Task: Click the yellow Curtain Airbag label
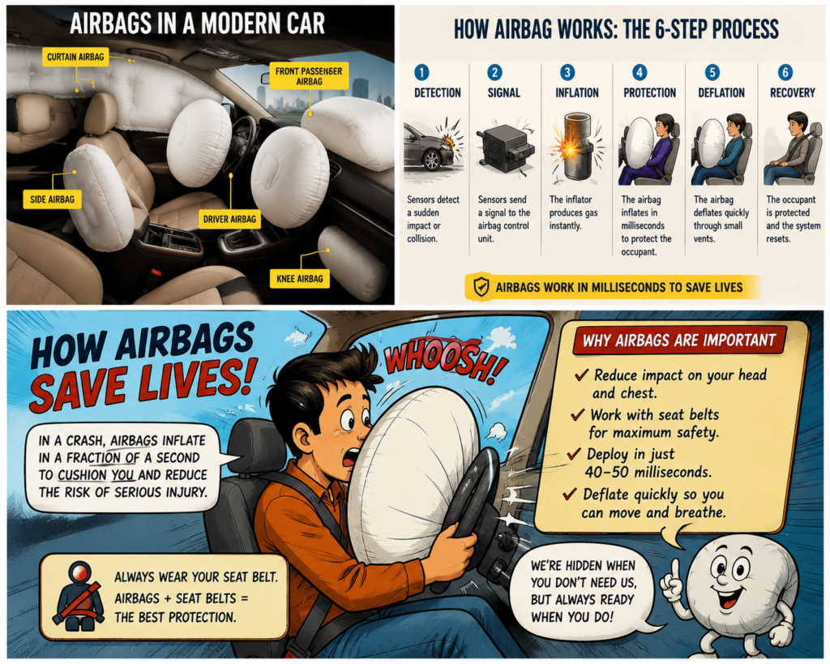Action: tap(75, 57)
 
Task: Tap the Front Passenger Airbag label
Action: tap(309, 76)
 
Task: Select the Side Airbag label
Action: tap(53, 199)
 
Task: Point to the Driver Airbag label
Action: tap(229, 219)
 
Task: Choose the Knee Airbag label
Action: tap(300, 279)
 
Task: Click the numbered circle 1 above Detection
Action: tap(421, 72)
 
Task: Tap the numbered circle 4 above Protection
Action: tap(640, 72)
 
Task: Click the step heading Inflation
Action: tap(576, 92)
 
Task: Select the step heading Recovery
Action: tap(793, 92)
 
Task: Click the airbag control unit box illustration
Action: tap(504, 148)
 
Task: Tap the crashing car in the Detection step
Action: tap(429, 148)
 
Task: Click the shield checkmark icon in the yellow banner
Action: tap(481, 287)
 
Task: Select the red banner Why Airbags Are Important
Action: tap(679, 340)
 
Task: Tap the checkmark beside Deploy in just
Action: tap(574, 454)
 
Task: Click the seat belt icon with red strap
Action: tap(79, 596)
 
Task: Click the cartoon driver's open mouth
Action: tap(349, 457)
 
